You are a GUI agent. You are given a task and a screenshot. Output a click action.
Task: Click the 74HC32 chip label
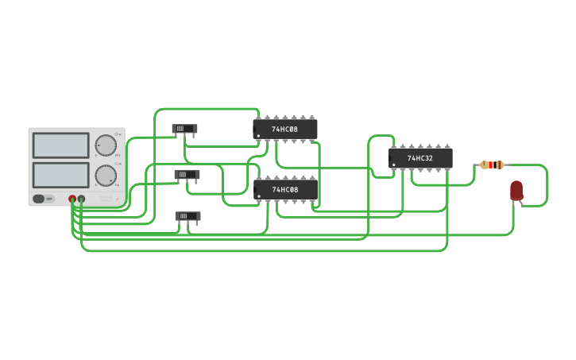pyautogui.click(x=420, y=158)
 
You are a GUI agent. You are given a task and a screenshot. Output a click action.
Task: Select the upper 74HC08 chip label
pyautogui.click(x=284, y=129)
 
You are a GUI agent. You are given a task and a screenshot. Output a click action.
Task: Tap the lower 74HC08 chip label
pyautogui.click(x=284, y=189)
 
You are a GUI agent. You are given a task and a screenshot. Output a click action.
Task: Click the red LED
pyautogui.click(x=516, y=190)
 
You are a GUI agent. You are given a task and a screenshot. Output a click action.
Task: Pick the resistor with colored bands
pyautogui.click(x=492, y=165)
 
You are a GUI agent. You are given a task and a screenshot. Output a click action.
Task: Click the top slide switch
pyautogui.click(x=184, y=128)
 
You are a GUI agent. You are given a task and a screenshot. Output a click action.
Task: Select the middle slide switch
pyautogui.click(x=187, y=174)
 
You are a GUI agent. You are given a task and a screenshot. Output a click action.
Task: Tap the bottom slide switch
pyautogui.click(x=187, y=215)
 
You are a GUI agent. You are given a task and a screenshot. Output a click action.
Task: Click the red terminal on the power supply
pyautogui.click(x=72, y=199)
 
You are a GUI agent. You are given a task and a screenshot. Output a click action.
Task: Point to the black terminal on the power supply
pyautogui.click(x=81, y=199)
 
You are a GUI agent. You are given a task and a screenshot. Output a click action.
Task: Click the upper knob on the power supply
pyautogui.click(x=105, y=145)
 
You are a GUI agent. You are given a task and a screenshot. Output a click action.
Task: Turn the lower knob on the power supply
pyautogui.click(x=105, y=175)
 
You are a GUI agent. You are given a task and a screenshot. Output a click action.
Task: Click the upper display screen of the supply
pyautogui.click(x=60, y=145)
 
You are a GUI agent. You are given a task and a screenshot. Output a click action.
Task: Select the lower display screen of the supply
pyautogui.click(x=60, y=175)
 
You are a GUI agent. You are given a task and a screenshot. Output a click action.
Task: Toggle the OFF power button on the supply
pyautogui.click(x=44, y=199)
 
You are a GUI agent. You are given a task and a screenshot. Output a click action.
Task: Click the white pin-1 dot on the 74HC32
pyautogui.click(x=393, y=165)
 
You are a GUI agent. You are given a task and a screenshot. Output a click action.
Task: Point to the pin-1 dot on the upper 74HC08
pyautogui.click(x=257, y=136)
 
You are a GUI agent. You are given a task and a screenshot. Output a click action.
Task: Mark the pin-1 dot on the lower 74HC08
pyautogui.click(x=258, y=196)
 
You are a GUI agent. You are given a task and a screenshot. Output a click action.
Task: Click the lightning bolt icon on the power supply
pyautogui.click(x=117, y=199)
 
